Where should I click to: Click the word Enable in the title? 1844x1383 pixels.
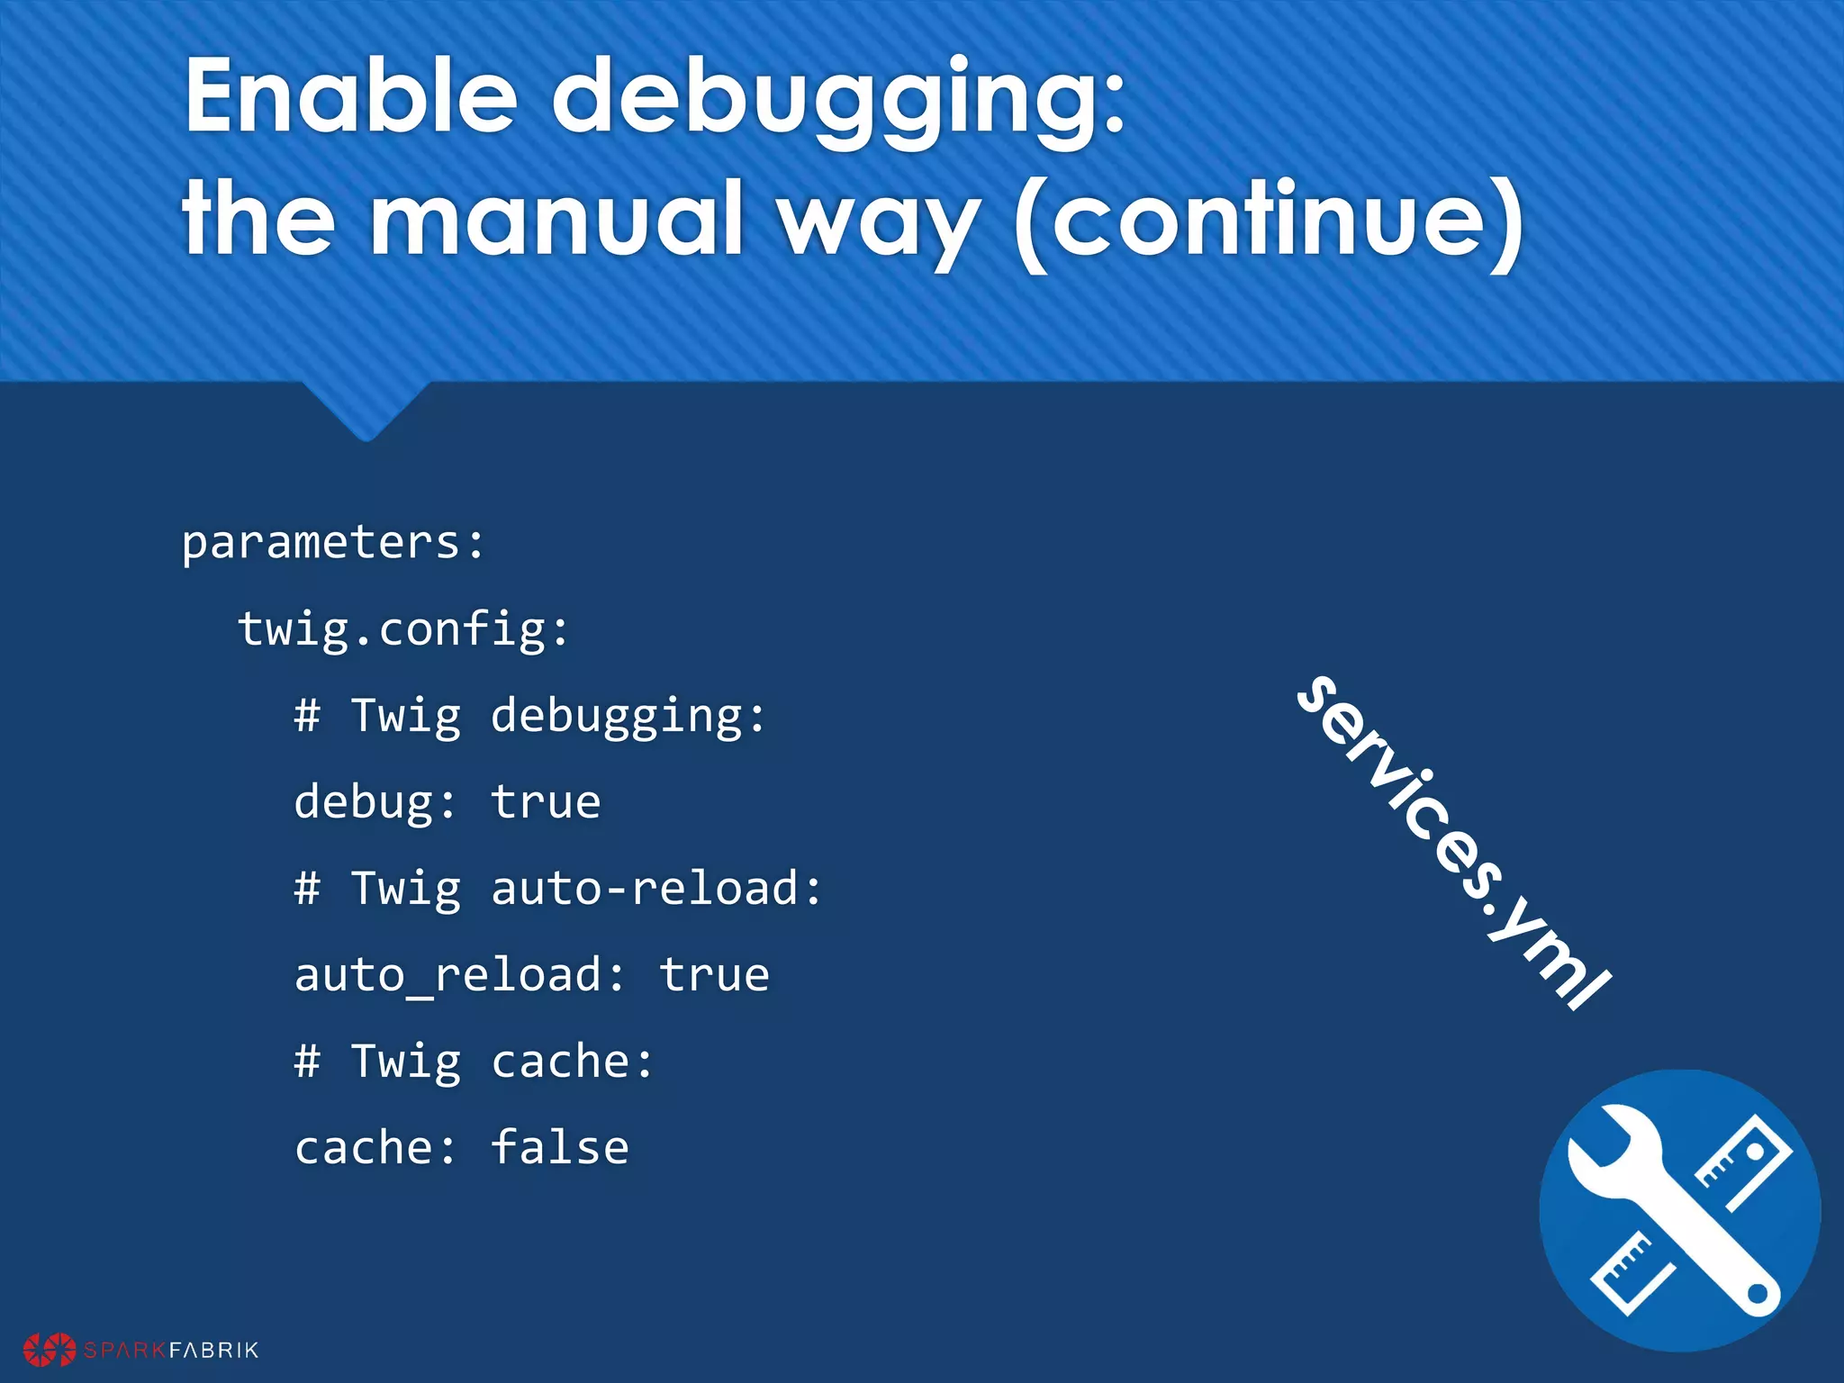click(351, 97)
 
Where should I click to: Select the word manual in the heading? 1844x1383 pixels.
click(556, 218)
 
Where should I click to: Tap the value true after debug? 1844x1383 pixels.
click(546, 802)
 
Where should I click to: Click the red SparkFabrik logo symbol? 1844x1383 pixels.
click(49, 1350)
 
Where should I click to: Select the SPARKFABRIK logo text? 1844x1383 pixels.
click(171, 1350)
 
